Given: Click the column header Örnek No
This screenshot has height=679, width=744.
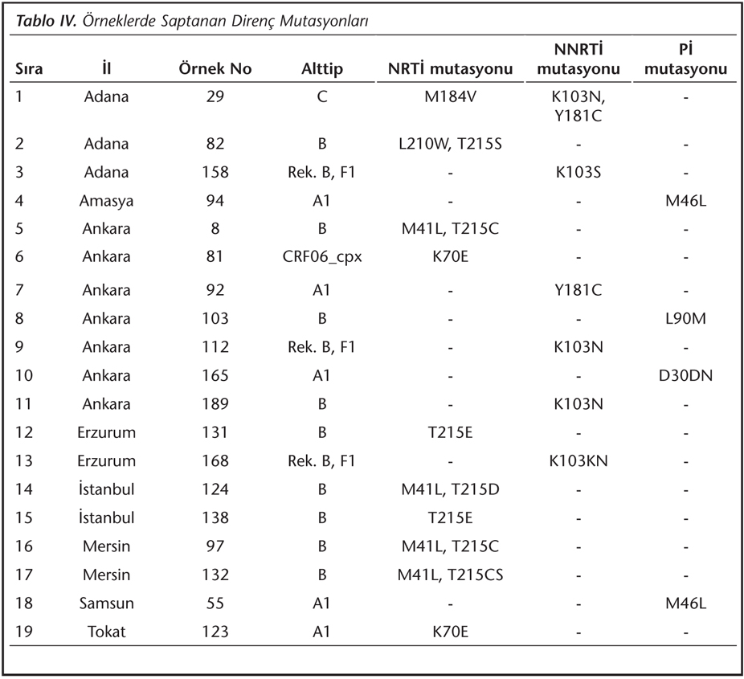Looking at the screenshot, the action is pyautogui.click(x=215, y=69).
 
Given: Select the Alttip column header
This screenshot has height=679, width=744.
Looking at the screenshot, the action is pyautogui.click(x=321, y=69).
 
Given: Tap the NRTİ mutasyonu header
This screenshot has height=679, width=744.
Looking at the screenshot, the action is pyautogui.click(x=450, y=69).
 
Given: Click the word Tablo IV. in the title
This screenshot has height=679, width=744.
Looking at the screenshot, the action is pyautogui.click(x=46, y=21).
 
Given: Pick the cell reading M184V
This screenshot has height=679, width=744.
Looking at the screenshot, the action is pyautogui.click(x=450, y=96).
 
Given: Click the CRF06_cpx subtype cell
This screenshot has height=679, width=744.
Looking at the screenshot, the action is pyautogui.click(x=322, y=257).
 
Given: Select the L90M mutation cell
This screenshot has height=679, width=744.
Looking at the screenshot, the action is pyautogui.click(x=685, y=318).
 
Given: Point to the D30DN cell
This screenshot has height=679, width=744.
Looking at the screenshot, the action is pyautogui.click(x=685, y=376).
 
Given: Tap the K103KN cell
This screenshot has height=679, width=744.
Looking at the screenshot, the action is pyautogui.click(x=578, y=461).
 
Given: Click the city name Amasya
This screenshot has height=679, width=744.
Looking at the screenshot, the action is pyautogui.click(x=106, y=201).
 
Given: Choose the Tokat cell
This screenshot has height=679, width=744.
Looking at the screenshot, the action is pyautogui.click(x=106, y=632).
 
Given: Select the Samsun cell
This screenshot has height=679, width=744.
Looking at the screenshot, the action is pyautogui.click(x=106, y=603).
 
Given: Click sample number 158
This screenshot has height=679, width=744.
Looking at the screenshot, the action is pyautogui.click(x=215, y=172).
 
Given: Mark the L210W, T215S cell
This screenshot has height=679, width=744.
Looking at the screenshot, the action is pyautogui.click(x=450, y=144).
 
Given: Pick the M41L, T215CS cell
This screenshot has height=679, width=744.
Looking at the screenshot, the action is pyautogui.click(x=450, y=575).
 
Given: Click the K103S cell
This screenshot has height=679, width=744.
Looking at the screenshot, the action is pyautogui.click(x=578, y=172).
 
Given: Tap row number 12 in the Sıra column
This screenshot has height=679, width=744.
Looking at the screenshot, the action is pyautogui.click(x=24, y=433).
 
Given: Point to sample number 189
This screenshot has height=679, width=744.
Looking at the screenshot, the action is pyautogui.click(x=215, y=404).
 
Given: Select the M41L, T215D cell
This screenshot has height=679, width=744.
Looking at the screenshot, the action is pyautogui.click(x=450, y=489).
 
